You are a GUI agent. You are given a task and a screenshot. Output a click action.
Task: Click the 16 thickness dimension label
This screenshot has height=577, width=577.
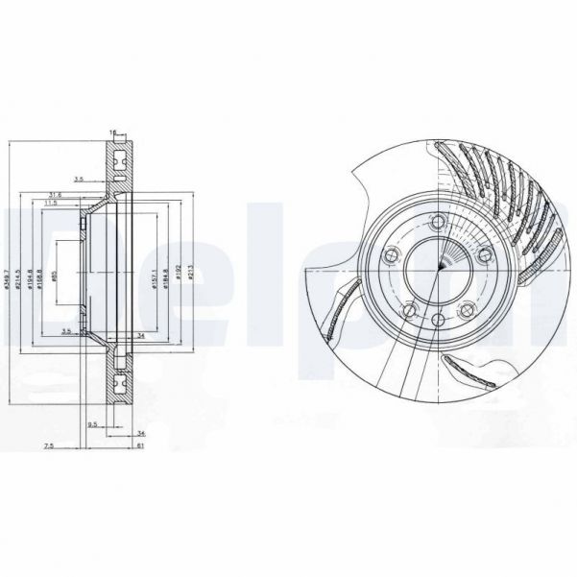[x=112, y=132]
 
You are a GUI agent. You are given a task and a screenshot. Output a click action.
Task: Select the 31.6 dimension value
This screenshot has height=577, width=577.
[x=83, y=195]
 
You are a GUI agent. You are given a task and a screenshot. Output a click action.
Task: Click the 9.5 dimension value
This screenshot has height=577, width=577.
[x=92, y=423]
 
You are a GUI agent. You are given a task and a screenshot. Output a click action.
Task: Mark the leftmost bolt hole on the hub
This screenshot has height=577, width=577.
[x=390, y=254]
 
